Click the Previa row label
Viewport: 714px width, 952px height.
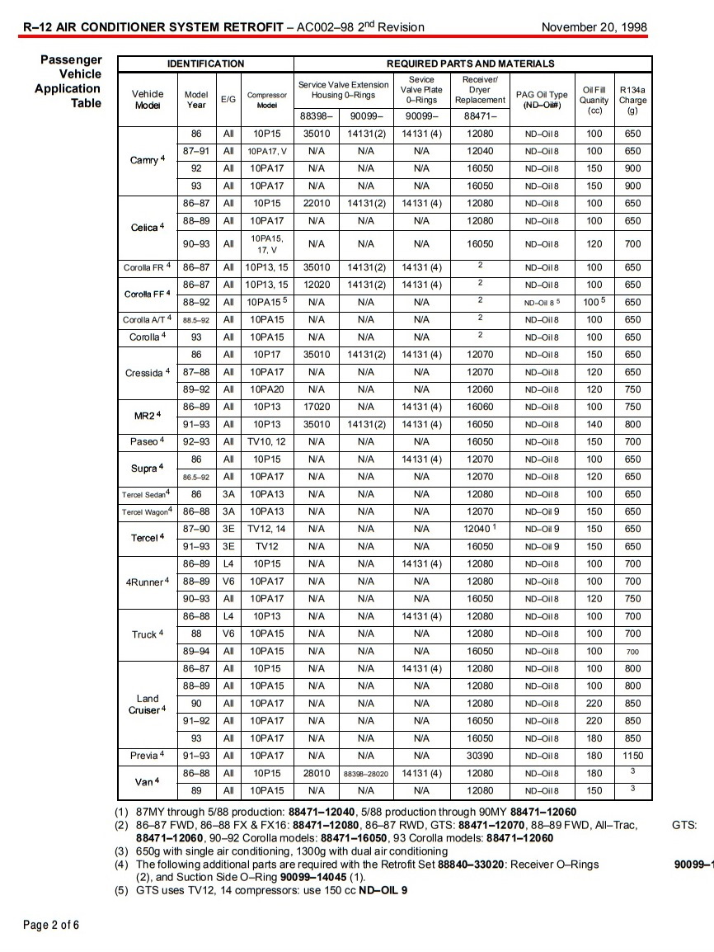pos(148,756)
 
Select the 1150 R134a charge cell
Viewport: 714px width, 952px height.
pos(632,756)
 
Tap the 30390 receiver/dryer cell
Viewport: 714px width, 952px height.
pos(480,756)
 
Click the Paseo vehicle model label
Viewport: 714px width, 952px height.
pos(148,441)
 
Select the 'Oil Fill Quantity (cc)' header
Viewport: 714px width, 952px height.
pos(594,100)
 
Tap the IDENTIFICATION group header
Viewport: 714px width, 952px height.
pos(205,64)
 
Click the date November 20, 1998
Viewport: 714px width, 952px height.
pos(594,27)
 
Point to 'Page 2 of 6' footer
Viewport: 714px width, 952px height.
pos(51,925)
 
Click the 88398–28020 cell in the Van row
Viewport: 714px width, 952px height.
pos(365,774)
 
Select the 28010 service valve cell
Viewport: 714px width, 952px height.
pos(317,773)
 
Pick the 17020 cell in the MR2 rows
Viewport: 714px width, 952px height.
pos(317,407)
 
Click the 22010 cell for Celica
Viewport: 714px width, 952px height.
pos(317,203)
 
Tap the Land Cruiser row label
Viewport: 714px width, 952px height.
pos(148,704)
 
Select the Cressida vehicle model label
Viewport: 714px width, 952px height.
pos(148,373)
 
